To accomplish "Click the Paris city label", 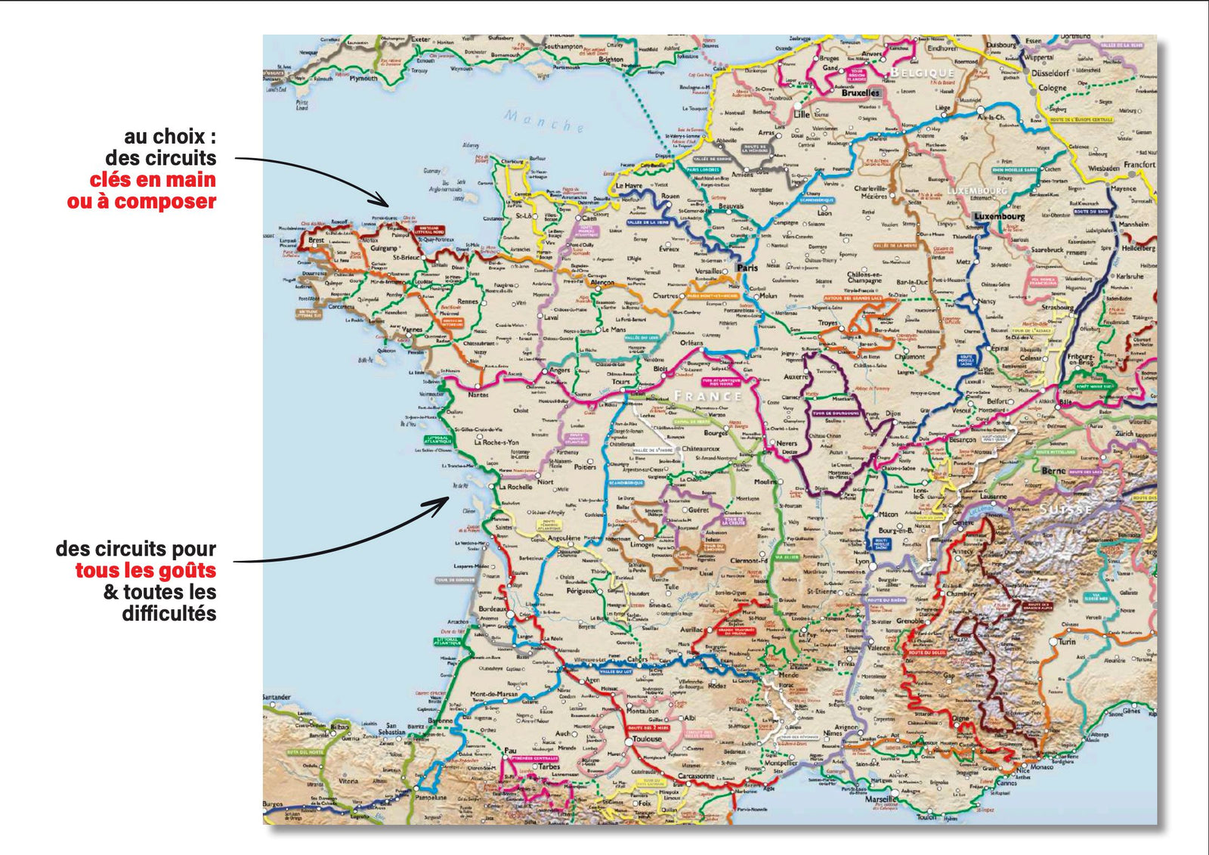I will (x=747, y=268).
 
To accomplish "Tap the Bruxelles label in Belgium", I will (x=861, y=93).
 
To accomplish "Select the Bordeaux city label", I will (x=493, y=609).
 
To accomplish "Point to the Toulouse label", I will (x=647, y=739).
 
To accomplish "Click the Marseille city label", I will (x=881, y=798).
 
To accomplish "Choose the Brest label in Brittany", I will (x=316, y=240).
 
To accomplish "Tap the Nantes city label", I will (x=478, y=394).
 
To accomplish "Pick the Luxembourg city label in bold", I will (x=999, y=216).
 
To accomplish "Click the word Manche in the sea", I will (x=544, y=121).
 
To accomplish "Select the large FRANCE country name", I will (x=707, y=395).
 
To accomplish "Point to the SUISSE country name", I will (x=1065, y=509).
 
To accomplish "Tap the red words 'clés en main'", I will (x=153, y=180).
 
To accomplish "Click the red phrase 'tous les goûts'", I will (x=145, y=570).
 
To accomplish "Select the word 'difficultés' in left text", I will (x=169, y=613).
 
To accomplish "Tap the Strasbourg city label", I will (x=1056, y=308).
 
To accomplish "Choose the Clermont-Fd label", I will (x=749, y=561).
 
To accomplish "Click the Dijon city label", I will (x=892, y=414).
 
